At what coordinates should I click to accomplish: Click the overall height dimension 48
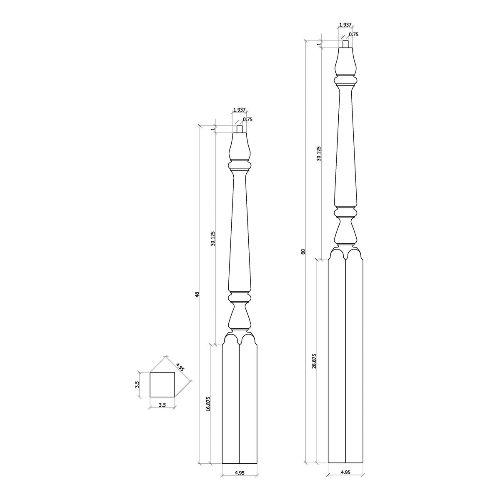(197, 294)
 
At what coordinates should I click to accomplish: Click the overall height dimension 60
(303, 251)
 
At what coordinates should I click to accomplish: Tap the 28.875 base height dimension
(314, 360)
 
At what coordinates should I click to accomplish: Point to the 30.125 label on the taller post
(319, 153)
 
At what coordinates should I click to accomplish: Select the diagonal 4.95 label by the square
(180, 367)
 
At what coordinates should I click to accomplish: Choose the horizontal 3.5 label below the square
(162, 405)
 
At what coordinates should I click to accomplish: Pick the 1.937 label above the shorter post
(239, 110)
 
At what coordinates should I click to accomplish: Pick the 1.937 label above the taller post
(345, 25)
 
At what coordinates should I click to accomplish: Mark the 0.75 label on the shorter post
(248, 120)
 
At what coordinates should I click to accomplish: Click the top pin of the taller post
(345, 44)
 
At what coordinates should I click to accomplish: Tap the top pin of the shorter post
(240, 129)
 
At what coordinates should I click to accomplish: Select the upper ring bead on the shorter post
(240, 166)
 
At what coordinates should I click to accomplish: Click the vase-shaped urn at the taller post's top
(345, 62)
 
